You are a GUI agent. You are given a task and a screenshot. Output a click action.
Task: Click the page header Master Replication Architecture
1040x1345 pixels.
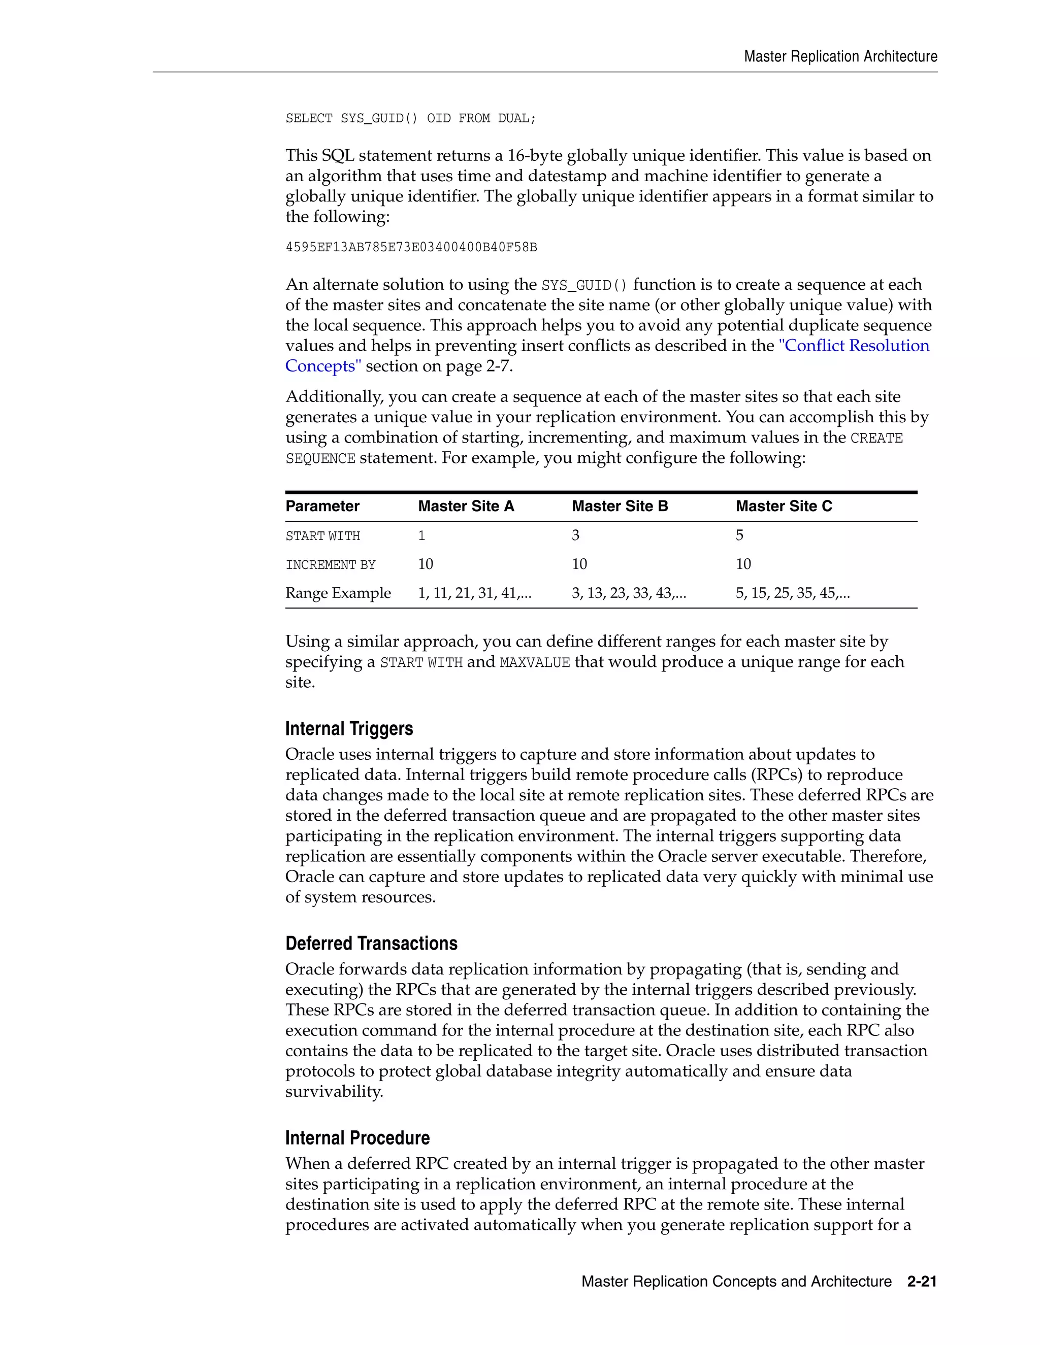tap(840, 57)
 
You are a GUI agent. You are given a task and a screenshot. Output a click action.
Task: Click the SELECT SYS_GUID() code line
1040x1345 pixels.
tap(411, 118)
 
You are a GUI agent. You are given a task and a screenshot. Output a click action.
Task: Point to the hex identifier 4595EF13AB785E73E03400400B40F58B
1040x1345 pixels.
tap(411, 248)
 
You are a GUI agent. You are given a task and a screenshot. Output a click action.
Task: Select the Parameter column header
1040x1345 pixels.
tap(322, 506)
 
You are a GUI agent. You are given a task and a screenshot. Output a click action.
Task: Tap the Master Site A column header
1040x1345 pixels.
tap(466, 506)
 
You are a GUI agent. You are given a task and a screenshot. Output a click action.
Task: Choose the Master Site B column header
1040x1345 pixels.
tap(620, 506)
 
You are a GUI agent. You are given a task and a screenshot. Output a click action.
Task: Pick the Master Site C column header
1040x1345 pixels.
tap(784, 506)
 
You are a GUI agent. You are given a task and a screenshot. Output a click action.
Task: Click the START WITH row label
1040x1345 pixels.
tap(322, 536)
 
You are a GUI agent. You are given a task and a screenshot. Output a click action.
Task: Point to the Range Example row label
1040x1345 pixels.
tap(338, 593)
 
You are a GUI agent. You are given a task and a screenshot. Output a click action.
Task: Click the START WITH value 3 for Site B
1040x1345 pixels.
tap(575, 535)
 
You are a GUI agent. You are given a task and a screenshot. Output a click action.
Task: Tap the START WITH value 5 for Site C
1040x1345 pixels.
tap(739, 535)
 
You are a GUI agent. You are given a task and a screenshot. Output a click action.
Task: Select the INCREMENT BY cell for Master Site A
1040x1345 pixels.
tap(426, 564)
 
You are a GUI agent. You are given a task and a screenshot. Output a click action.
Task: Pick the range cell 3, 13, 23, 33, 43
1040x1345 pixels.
tap(629, 593)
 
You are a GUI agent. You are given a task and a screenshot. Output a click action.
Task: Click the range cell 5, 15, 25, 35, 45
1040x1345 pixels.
tap(792, 593)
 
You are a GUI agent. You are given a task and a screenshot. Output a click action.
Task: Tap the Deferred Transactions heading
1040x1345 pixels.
tap(371, 944)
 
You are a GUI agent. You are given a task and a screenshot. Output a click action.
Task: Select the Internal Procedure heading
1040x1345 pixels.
tap(357, 1138)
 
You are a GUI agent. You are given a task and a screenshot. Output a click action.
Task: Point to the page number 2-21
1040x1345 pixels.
tap(922, 1282)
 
